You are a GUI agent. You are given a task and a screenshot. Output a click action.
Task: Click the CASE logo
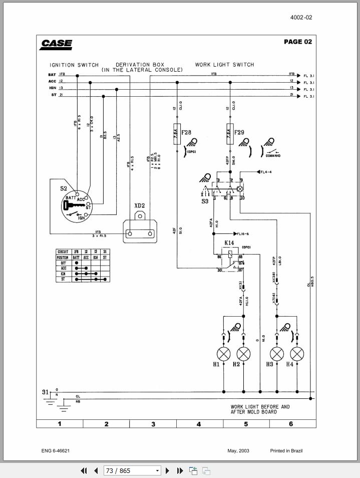point(56,44)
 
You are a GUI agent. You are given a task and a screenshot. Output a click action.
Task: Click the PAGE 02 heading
point(297,42)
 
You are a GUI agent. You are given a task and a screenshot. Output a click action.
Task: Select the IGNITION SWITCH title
point(74,65)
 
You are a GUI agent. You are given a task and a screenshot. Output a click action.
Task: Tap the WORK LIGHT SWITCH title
point(224,65)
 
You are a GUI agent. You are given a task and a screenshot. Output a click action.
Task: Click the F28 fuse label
point(186,133)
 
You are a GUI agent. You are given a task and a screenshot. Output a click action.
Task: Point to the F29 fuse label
point(239,133)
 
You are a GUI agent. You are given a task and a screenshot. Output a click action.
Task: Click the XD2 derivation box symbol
point(140,230)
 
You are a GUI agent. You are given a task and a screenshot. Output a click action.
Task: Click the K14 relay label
point(229,243)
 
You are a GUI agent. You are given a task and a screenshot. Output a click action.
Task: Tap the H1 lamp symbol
point(223,354)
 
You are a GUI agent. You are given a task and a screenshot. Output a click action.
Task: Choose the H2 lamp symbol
point(243,354)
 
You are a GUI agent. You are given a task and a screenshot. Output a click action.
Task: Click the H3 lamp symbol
point(277,354)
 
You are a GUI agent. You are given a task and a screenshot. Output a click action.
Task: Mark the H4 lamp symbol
point(297,354)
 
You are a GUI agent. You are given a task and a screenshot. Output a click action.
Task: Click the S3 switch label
point(205,201)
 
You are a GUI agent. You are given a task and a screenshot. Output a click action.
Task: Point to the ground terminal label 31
point(45,392)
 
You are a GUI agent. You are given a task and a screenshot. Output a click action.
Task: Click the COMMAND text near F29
point(273,156)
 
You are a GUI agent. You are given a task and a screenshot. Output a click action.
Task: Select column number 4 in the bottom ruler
point(199,424)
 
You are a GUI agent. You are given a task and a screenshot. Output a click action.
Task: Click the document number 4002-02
point(301,18)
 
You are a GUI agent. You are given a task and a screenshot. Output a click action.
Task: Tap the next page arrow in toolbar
point(168,470)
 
